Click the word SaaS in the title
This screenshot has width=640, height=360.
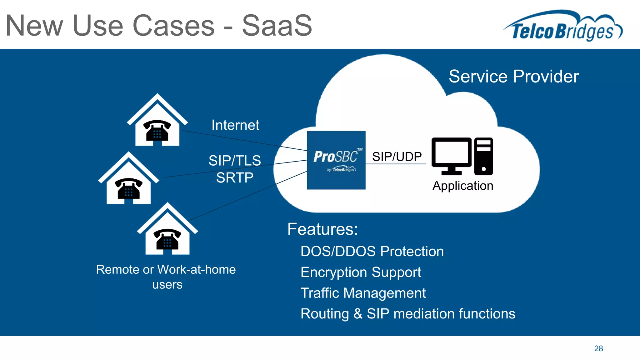point(277,26)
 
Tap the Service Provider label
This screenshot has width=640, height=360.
point(513,77)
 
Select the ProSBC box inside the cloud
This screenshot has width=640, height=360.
point(336,160)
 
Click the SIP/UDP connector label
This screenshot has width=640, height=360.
point(397,157)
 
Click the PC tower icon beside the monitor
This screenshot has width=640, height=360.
point(483,156)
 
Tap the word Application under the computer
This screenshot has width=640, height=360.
point(462,186)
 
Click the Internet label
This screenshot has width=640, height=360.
point(235,125)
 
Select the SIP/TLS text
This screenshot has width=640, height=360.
point(235,161)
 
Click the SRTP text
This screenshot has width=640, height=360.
point(235,178)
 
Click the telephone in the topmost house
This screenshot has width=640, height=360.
point(157,130)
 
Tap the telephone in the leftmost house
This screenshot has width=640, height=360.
point(128,188)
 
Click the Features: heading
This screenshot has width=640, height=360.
point(322,229)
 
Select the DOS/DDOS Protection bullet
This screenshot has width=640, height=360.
point(372,252)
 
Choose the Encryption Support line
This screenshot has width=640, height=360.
point(361,272)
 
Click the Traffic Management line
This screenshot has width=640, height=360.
point(363,293)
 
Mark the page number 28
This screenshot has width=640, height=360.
point(598,348)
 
